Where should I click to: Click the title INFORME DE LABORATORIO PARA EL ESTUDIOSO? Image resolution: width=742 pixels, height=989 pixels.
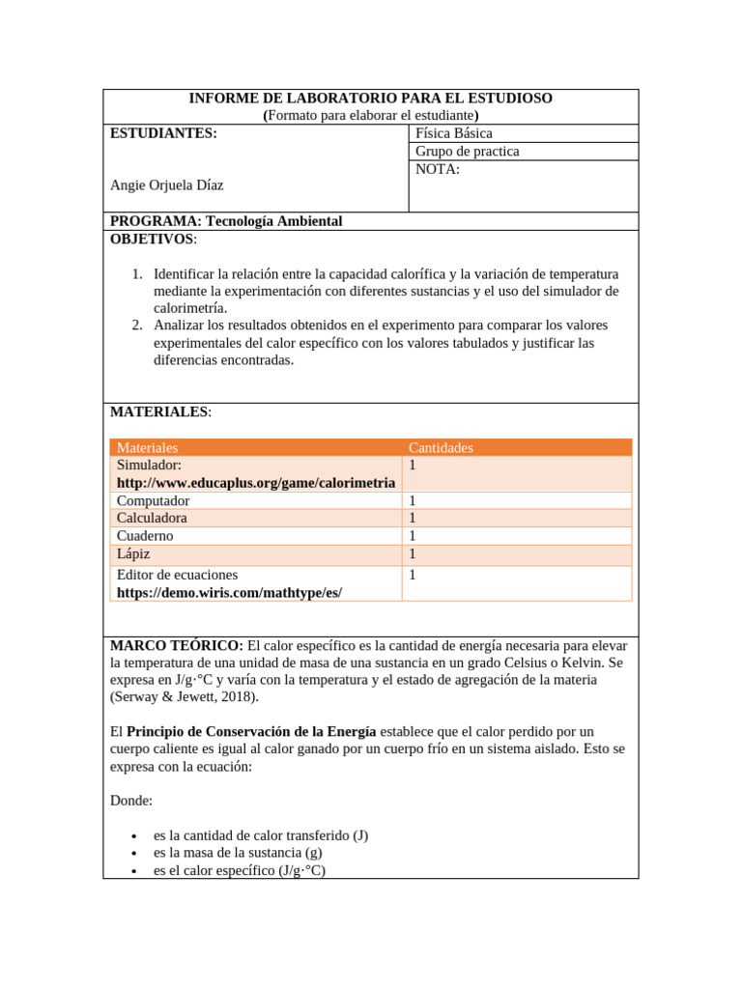370,99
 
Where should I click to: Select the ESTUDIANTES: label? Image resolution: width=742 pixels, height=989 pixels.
163,133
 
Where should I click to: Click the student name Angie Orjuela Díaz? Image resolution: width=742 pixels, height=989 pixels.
173,185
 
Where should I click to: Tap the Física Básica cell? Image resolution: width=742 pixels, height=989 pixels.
453,133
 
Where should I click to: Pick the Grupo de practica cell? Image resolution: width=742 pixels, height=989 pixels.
467,152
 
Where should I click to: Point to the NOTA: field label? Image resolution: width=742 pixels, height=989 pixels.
437,170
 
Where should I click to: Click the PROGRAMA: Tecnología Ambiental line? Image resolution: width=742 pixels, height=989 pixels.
226,221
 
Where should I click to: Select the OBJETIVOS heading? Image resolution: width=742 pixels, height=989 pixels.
153,239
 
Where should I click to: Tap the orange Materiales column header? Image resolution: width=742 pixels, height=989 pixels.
147,448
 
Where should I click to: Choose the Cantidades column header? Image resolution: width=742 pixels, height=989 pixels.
441,448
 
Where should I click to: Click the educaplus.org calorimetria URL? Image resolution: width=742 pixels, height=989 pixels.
255,483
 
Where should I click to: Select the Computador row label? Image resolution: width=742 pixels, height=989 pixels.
153,501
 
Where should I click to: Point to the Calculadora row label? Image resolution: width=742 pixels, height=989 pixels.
152,519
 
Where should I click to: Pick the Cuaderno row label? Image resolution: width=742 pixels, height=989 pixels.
145,536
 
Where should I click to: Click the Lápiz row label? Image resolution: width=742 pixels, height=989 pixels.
133,554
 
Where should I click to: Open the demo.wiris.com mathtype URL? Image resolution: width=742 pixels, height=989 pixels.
229,592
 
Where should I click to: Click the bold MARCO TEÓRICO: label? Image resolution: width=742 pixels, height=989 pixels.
177,645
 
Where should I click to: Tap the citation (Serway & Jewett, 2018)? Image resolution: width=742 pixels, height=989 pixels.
185,697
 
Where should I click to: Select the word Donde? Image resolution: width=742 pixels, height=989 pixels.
131,801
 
